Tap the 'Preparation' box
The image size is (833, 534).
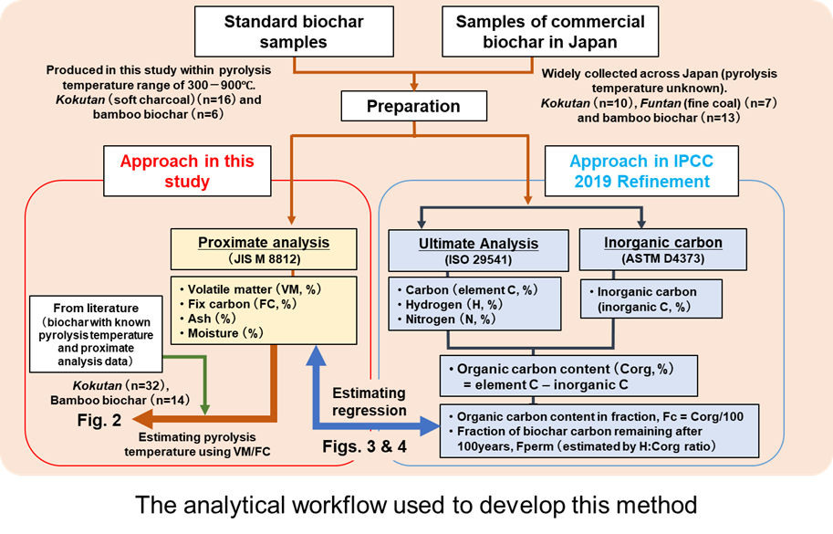[x=412, y=105]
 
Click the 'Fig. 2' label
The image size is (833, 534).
[x=97, y=421]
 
